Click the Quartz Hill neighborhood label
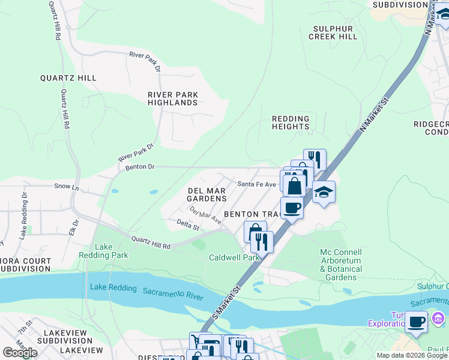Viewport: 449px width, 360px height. click(68, 78)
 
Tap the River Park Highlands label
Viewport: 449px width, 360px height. click(173, 98)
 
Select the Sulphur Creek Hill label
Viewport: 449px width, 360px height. click(333, 32)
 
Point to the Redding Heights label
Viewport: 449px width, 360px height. click(291, 122)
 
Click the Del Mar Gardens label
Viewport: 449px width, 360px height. click(207, 194)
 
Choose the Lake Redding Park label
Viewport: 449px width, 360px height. click(111, 251)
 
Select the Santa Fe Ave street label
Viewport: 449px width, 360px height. click(256, 184)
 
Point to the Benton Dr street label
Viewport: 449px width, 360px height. click(140, 167)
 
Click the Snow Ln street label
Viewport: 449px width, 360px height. click(67, 187)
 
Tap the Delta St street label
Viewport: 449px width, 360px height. click(188, 226)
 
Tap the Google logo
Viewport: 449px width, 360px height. click(20, 353)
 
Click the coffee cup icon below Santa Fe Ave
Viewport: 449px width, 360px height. click(292, 208)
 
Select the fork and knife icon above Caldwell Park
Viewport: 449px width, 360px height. click(262, 242)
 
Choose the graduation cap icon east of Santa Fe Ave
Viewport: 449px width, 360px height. click(324, 192)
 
